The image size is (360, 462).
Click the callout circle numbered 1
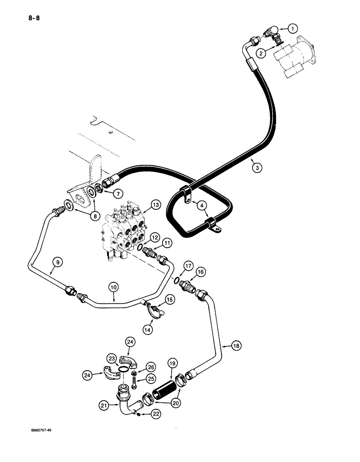tap(291, 29)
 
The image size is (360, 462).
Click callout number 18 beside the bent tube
tap(224, 345)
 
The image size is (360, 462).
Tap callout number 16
tap(200, 273)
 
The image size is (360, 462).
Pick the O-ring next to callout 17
tap(178, 280)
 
